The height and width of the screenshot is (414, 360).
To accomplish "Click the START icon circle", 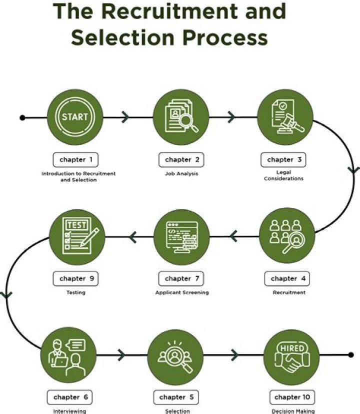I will [x=74, y=117].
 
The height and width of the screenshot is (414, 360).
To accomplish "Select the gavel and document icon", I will [x=285, y=117].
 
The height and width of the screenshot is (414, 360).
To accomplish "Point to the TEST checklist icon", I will [x=77, y=236].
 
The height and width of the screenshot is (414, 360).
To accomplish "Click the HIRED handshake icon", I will [x=291, y=355].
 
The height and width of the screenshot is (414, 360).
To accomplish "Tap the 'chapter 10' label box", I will [x=291, y=398].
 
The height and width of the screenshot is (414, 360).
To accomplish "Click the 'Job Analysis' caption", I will [x=181, y=174].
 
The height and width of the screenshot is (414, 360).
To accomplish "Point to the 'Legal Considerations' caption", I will [x=283, y=176].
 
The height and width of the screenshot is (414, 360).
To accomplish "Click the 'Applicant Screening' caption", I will [x=181, y=293].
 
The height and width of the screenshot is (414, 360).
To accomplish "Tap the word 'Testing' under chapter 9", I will [x=75, y=293].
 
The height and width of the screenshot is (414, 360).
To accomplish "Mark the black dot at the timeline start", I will [x=22, y=118].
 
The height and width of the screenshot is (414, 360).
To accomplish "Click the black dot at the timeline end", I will [x=351, y=355].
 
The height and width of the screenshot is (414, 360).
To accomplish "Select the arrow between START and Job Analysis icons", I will [x=125, y=118].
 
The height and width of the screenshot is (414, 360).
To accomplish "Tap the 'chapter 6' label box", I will [x=70, y=398].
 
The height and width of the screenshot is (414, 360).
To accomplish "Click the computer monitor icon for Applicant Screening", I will [x=181, y=236].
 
